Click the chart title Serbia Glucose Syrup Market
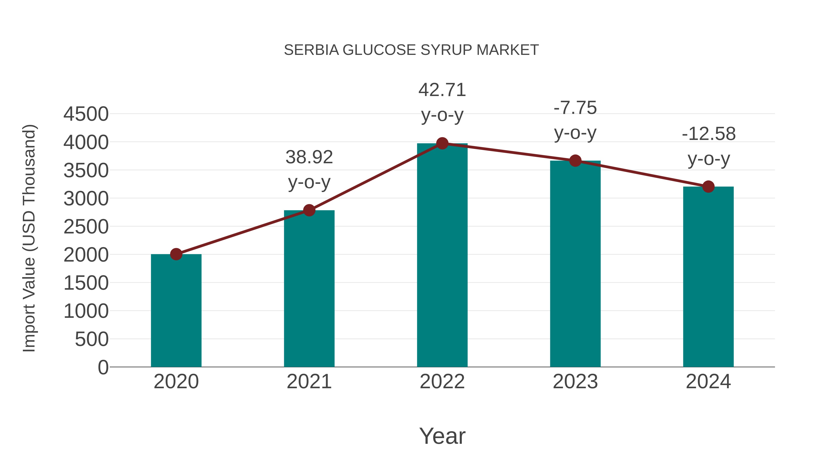(411, 50)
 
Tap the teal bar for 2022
(442, 256)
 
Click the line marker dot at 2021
(309, 210)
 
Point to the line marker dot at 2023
(575, 161)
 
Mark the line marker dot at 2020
(176, 254)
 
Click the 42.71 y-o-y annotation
(442, 102)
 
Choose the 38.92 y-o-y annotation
(309, 170)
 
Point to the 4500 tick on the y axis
(86, 114)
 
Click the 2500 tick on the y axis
(86, 227)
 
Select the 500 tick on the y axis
(92, 339)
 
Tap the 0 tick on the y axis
(103, 367)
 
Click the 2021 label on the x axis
(309, 382)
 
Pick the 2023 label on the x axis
(575, 382)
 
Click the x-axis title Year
(442, 436)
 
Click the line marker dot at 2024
(708, 187)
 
